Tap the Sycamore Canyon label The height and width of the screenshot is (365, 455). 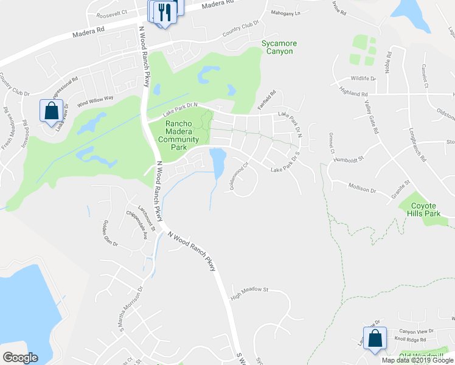click(x=277, y=47)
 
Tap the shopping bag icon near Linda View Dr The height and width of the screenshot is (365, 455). click(x=50, y=111)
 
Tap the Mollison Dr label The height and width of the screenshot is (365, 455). click(x=363, y=189)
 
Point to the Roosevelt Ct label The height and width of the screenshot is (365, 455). click(x=114, y=12)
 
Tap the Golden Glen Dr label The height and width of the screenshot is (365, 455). click(x=110, y=234)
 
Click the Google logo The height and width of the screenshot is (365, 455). click(x=20, y=358)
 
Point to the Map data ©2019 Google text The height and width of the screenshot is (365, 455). click(x=418, y=360)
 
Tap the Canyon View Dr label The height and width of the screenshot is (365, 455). click(x=415, y=331)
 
